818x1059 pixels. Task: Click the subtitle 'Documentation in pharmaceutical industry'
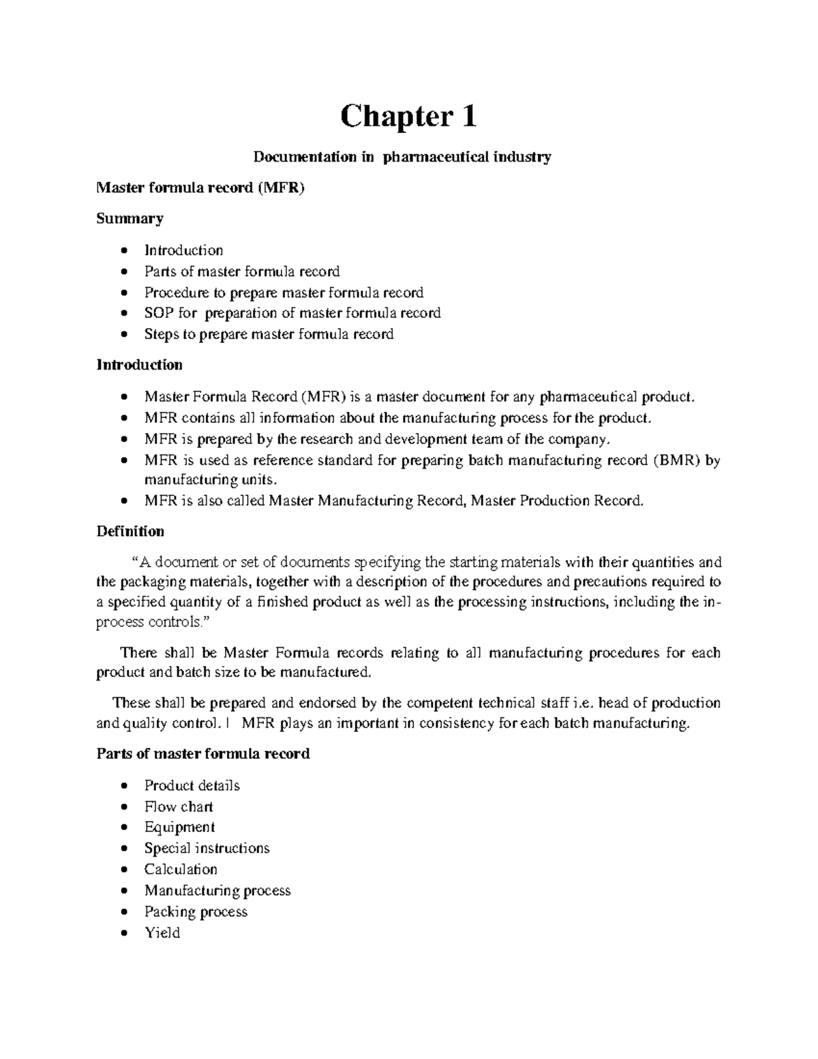point(402,158)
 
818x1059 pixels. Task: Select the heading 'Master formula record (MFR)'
point(200,188)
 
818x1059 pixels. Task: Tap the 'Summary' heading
point(130,219)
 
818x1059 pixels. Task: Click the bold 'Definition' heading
point(130,531)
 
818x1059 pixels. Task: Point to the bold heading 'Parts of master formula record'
point(203,754)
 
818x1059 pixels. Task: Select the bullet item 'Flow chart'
point(179,807)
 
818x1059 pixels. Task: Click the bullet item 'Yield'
point(162,933)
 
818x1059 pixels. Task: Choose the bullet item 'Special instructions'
point(207,848)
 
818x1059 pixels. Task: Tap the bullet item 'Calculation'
point(181,869)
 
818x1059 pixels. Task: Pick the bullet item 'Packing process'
point(196,912)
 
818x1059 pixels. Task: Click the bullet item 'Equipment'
point(179,827)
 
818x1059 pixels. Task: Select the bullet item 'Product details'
point(192,786)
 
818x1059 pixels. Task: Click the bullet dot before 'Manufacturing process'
point(123,891)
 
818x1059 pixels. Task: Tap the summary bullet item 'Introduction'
point(183,250)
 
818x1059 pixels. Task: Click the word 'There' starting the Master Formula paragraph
point(139,653)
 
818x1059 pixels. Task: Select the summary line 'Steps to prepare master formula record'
point(269,334)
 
